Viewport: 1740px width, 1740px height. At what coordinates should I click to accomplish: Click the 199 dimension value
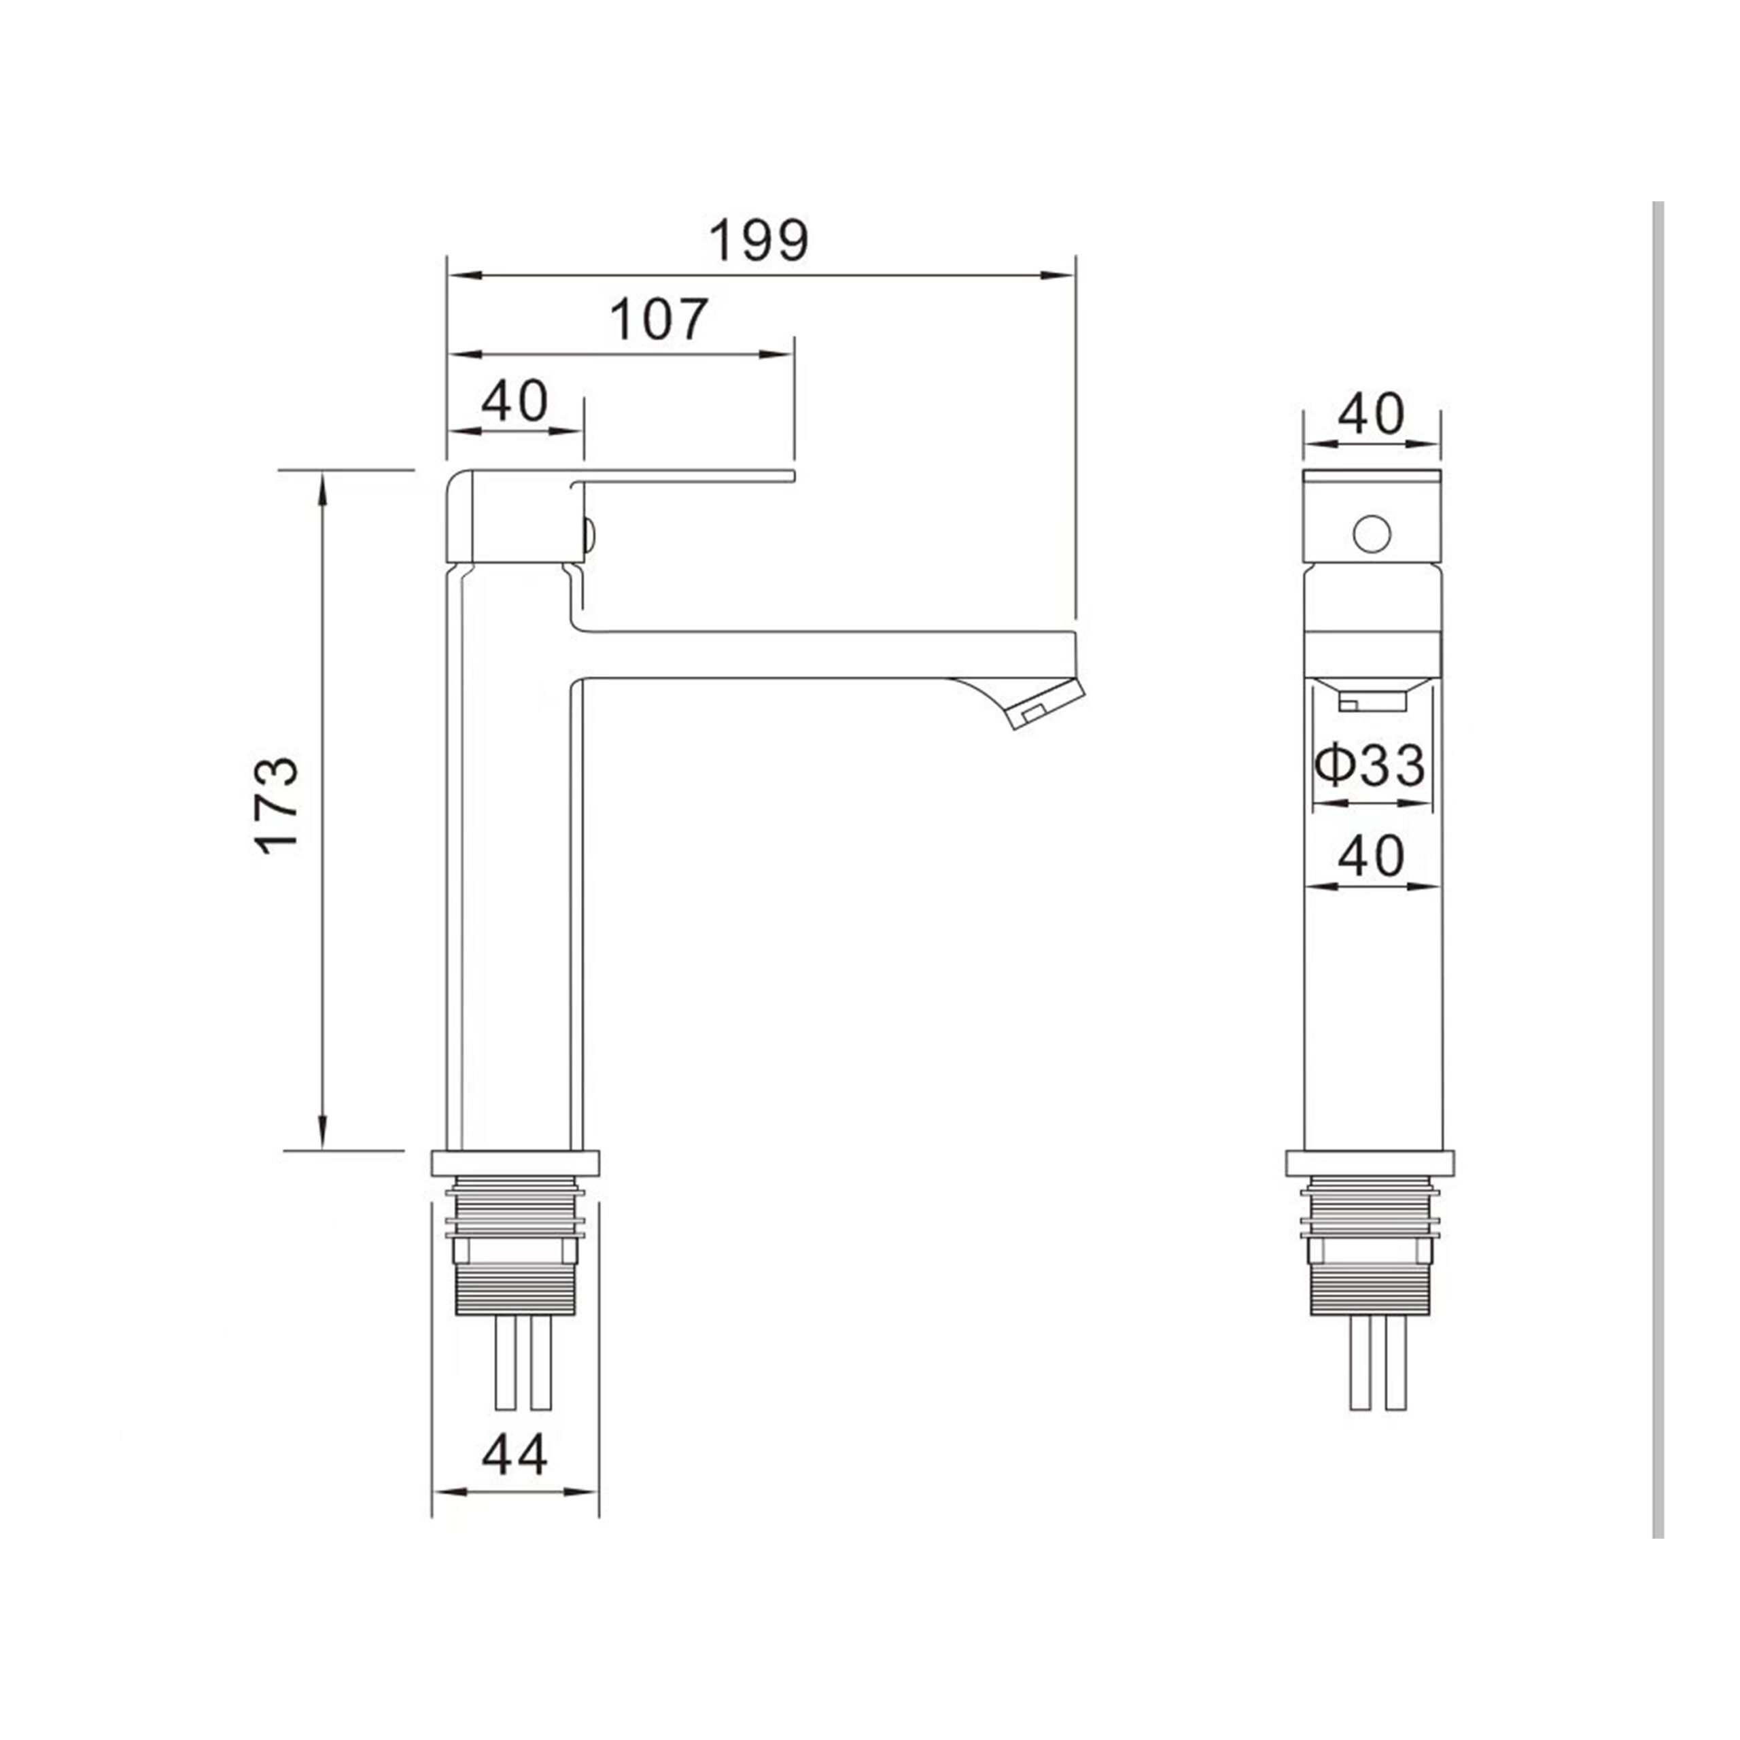click(759, 241)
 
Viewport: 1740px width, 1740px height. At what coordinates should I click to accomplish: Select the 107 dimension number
click(659, 319)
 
